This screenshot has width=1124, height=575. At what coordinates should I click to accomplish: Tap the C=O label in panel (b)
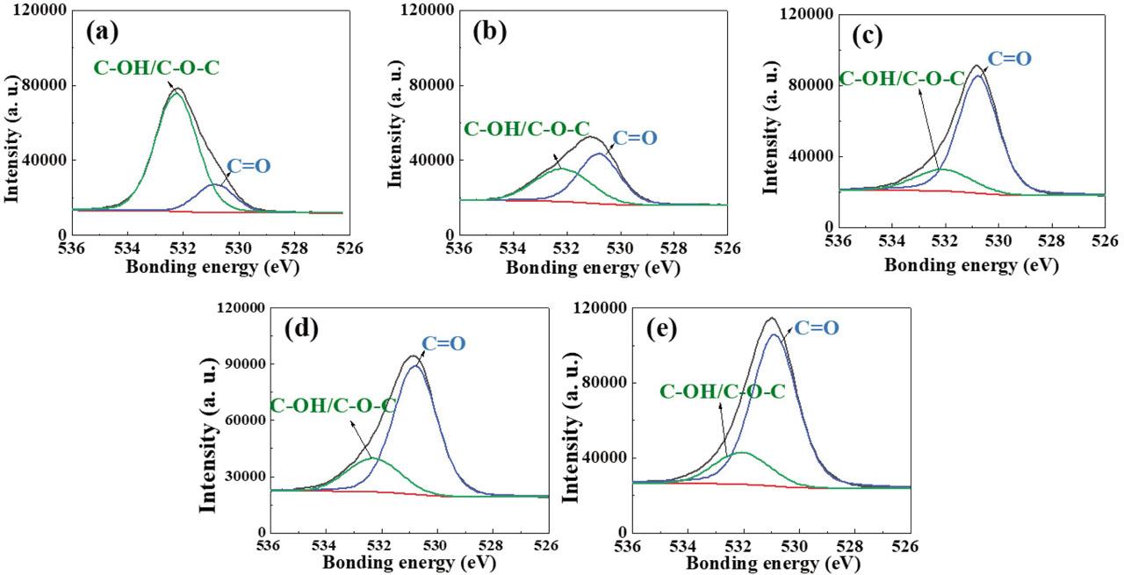click(634, 138)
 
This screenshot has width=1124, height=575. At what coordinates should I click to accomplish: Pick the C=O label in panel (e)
click(818, 327)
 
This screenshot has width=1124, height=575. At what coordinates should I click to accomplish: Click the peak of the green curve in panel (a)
click(177, 92)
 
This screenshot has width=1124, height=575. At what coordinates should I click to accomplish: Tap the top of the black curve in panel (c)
click(976, 66)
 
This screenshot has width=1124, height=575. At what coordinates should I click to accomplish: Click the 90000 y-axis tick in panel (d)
click(241, 364)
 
